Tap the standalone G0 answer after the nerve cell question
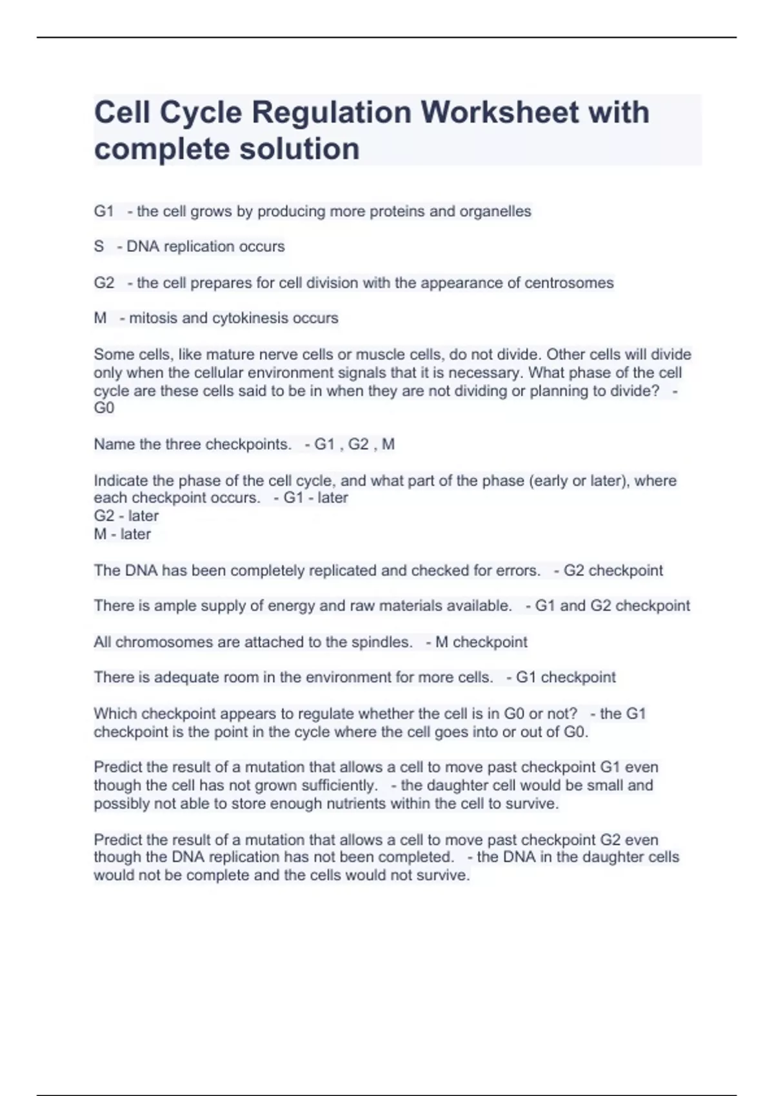(104, 408)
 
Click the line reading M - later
(123, 534)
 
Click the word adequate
(186, 678)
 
